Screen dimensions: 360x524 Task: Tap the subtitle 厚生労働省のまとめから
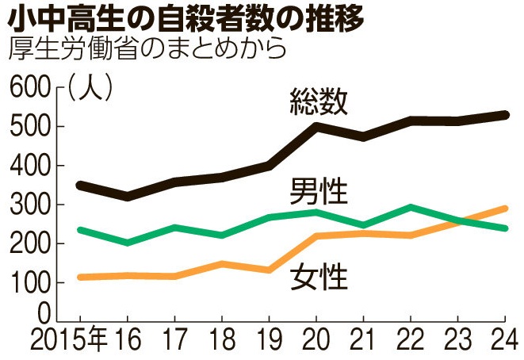click(146, 48)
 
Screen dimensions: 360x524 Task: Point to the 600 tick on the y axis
click(29, 86)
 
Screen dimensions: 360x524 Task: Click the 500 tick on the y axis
click(29, 127)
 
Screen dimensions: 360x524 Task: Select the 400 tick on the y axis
click(29, 166)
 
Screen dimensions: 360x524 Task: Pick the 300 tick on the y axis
click(29, 205)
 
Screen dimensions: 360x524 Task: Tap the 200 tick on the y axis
click(29, 243)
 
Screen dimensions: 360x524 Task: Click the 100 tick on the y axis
click(29, 282)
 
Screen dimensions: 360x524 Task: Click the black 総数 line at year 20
click(316, 125)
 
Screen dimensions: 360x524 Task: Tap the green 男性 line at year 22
click(410, 208)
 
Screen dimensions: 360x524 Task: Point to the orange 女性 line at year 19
click(270, 270)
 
